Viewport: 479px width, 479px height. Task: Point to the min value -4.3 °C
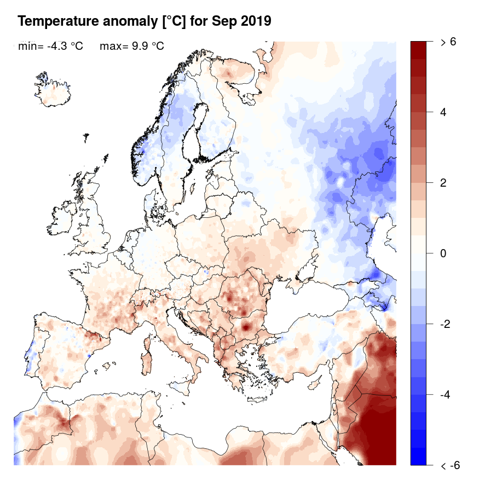click(x=65, y=47)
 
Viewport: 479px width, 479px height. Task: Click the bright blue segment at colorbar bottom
click(x=419, y=456)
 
